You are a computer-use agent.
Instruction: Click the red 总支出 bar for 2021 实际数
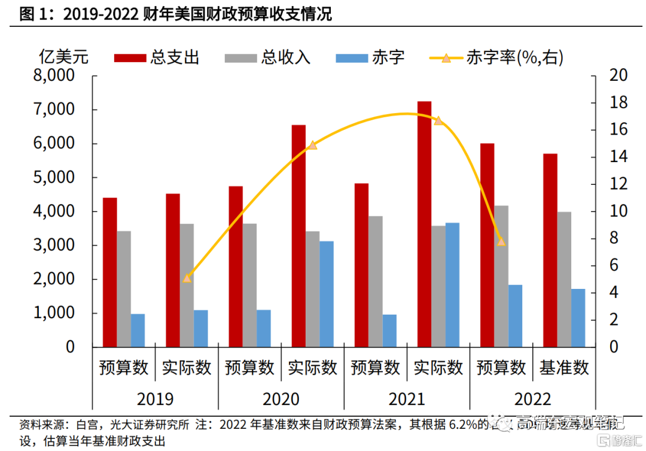pyautogui.click(x=424, y=224)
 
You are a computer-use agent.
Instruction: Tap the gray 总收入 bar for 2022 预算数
pyautogui.click(x=501, y=276)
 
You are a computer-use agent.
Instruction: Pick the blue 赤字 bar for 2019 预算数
pyautogui.click(x=138, y=330)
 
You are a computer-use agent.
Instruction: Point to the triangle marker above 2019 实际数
pyautogui.click(x=187, y=278)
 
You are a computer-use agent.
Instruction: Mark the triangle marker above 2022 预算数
pyautogui.click(x=501, y=242)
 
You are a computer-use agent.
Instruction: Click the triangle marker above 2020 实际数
pyautogui.click(x=312, y=145)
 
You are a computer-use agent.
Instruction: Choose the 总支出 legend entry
pyautogui.click(x=157, y=57)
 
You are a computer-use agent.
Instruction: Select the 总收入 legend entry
pyautogui.click(x=268, y=57)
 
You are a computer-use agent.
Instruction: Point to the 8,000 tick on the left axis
pyautogui.click(x=54, y=76)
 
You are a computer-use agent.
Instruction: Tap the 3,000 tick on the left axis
pyautogui.click(x=54, y=245)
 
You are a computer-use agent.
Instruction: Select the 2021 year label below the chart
pyautogui.click(x=407, y=398)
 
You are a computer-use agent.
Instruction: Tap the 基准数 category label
pyautogui.click(x=564, y=367)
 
